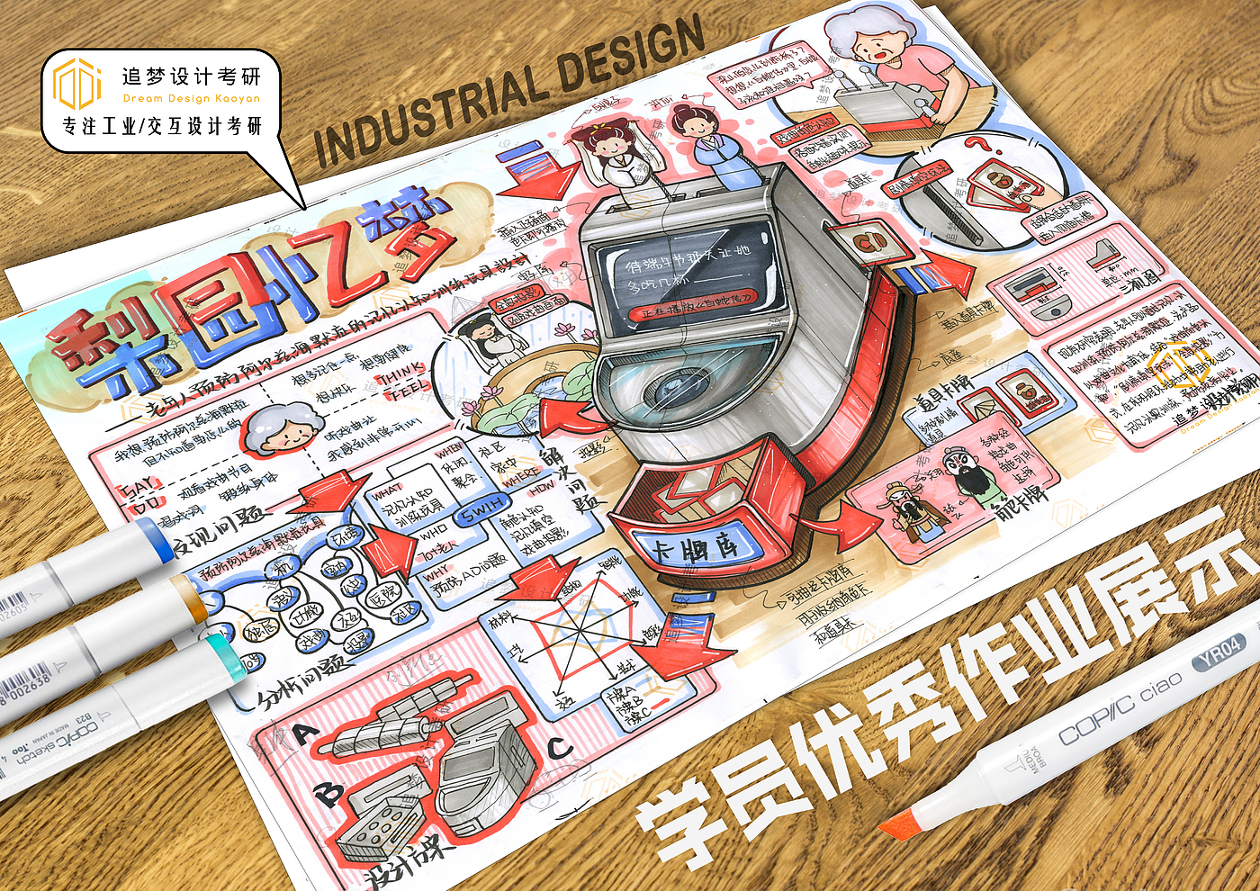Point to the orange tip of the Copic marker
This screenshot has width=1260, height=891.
point(897,823)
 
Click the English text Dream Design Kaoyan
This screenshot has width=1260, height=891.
point(192,99)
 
